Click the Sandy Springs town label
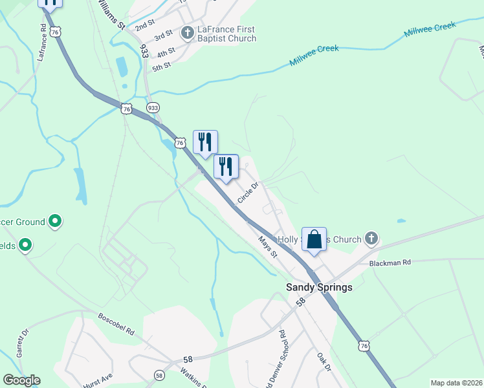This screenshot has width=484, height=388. [320, 287]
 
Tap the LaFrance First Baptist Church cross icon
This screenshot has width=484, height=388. [188, 33]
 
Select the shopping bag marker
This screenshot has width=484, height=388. [314, 239]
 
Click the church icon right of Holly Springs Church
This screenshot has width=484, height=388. [371, 239]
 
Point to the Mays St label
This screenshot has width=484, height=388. [267, 246]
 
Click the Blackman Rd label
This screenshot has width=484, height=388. [390, 263]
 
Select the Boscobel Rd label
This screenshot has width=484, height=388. [116, 325]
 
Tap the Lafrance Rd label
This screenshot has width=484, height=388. [43, 41]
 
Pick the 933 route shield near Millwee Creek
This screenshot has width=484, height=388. [153, 107]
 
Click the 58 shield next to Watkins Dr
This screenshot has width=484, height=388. [159, 374]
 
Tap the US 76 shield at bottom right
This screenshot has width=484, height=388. [365, 347]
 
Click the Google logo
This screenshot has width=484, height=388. [21, 380]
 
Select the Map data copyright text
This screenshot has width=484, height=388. [456, 383]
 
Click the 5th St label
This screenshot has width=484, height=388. [161, 65]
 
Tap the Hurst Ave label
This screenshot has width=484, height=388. [98, 380]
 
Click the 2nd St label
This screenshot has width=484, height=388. [145, 25]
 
